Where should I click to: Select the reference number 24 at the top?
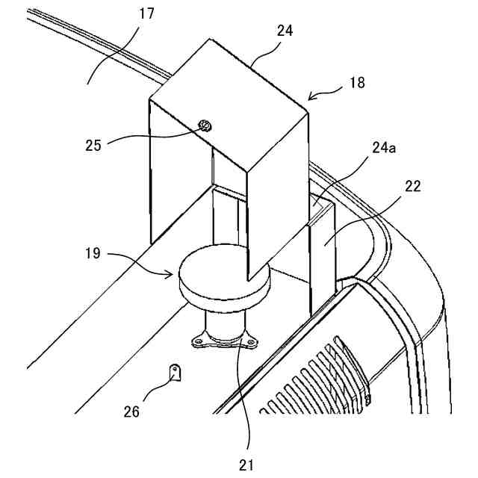pyautogui.click(x=284, y=31)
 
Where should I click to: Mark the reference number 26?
pyautogui.click(x=131, y=410)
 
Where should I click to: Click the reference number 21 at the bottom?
pyautogui.click(x=247, y=465)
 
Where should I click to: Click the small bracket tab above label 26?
pyautogui.click(x=176, y=371)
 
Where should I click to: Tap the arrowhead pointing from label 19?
pyautogui.click(x=170, y=273)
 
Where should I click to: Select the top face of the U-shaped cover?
pyautogui.click(x=228, y=105)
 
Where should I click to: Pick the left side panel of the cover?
pyautogui.click(x=179, y=179)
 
